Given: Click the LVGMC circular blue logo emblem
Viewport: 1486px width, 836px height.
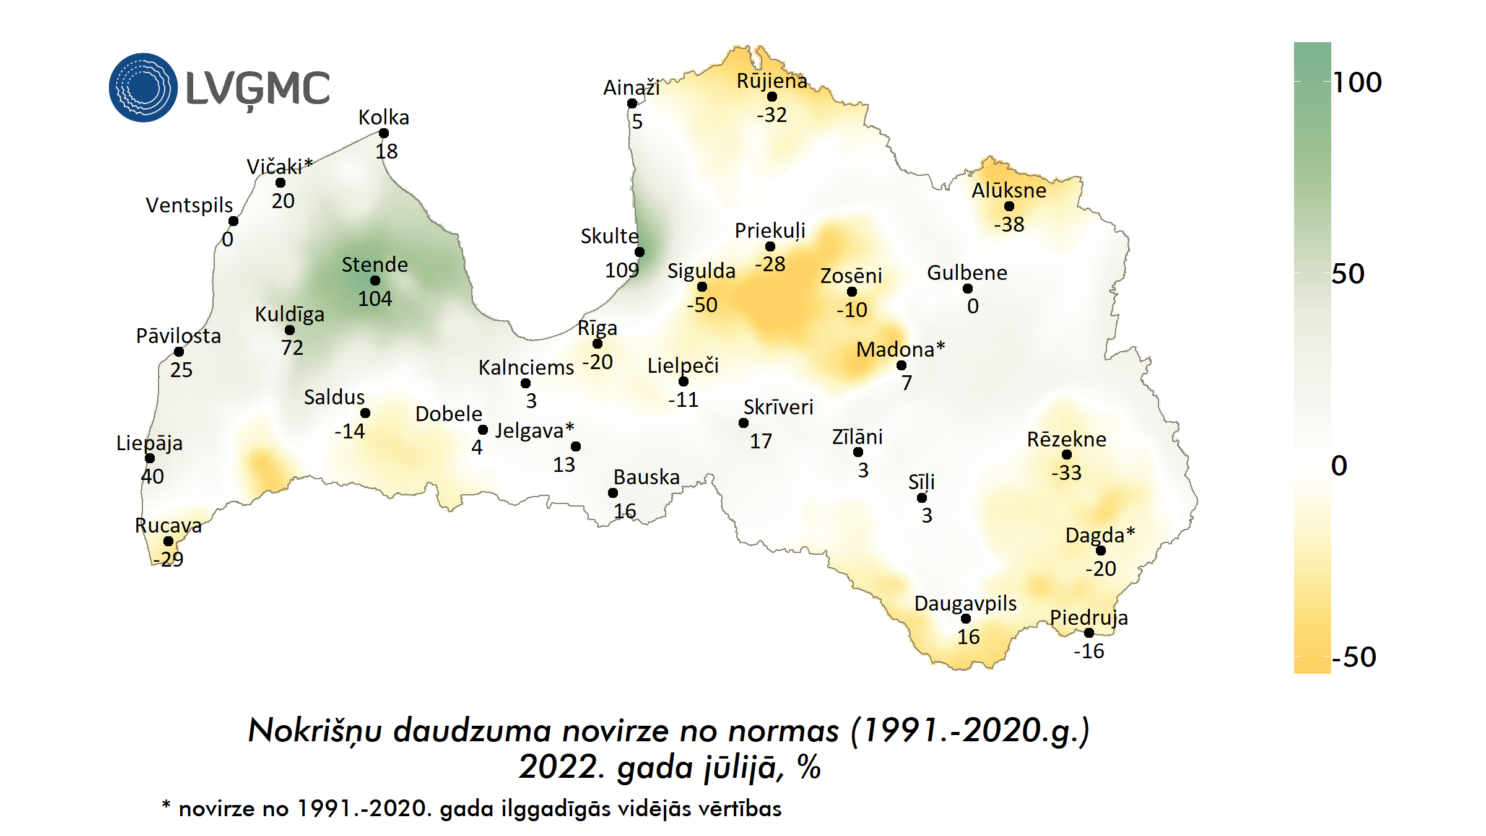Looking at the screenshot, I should tap(143, 87).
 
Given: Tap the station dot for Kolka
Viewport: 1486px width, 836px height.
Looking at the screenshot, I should tap(384, 133).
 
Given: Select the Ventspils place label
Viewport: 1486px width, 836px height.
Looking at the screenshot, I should tap(189, 205).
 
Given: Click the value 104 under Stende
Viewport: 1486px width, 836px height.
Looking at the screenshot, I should tap(375, 298).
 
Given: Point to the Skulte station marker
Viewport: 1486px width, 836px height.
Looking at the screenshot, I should tap(640, 252).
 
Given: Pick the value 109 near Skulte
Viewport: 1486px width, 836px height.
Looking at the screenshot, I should tap(622, 270).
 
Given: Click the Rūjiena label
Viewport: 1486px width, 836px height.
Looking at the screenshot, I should tap(771, 81).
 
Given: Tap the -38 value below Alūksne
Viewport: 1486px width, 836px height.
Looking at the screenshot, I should tap(1009, 224).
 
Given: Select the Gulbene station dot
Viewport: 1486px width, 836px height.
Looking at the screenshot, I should tap(968, 289).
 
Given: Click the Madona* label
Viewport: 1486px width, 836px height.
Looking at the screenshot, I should tap(900, 349).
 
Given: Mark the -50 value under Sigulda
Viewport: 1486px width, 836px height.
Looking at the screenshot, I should tap(702, 305).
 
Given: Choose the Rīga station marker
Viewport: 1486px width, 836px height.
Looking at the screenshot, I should tap(597, 344).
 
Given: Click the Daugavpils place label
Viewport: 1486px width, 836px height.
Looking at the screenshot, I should tap(965, 603).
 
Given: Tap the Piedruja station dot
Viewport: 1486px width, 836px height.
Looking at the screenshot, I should tap(1089, 633).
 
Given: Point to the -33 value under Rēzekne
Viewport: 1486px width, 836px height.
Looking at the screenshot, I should tap(1066, 472).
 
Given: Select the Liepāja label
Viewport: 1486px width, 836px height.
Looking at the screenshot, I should tap(149, 443).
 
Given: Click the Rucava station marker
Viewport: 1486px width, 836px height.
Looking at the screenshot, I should tap(168, 541).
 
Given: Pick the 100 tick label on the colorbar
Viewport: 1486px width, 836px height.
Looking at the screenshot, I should tap(1357, 82).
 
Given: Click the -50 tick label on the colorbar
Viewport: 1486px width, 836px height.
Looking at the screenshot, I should tap(1353, 657).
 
